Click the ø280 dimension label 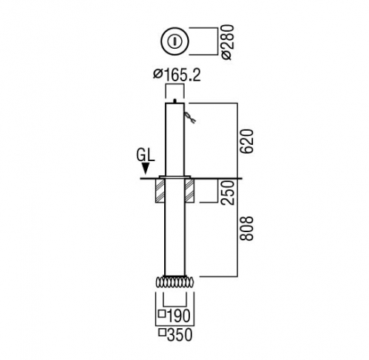coord(227,42)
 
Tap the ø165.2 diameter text coord(177,75)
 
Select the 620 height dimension coord(247,141)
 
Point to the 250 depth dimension coord(227,192)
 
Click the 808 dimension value coord(247,228)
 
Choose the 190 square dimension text coord(175,316)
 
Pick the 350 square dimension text coord(175,335)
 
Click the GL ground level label coord(146,155)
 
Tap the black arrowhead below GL coord(146,169)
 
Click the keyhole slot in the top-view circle coord(175,41)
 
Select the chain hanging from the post coord(189,117)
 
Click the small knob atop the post coord(175,101)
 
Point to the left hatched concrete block coord(160,191)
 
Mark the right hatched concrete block coord(189,191)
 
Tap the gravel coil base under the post coord(175,282)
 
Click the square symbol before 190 coord(162,313)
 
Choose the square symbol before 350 coord(162,333)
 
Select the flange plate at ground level coord(175,177)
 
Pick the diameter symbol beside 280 coord(227,55)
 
